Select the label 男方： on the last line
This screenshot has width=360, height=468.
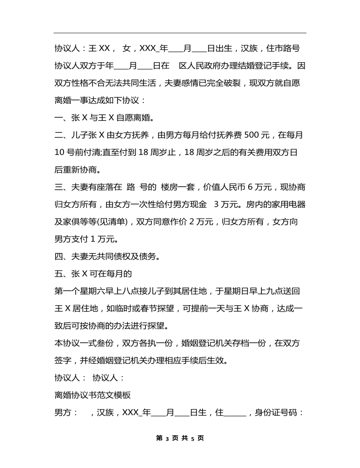(x=65, y=412)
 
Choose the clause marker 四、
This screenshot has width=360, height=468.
(x=61, y=256)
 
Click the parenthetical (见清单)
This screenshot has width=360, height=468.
(x=107, y=221)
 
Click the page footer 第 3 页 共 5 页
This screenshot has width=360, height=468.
(x=180, y=438)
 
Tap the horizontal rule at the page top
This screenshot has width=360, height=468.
(x=180, y=33)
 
